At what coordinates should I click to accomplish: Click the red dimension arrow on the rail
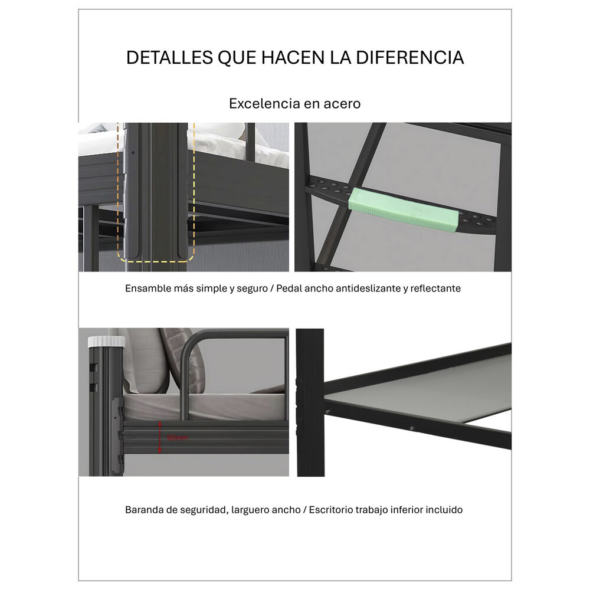click(159, 437)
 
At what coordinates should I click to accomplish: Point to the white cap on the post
click(106, 341)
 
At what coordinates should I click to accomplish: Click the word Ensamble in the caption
click(146, 289)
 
